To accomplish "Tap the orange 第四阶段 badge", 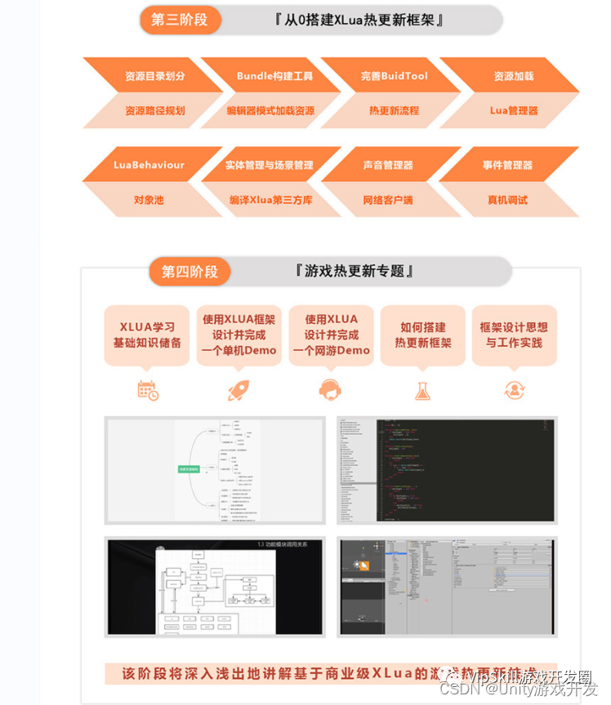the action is tap(190, 272).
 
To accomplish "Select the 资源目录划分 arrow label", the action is tap(155, 76).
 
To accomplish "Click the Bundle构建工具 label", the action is tap(274, 76).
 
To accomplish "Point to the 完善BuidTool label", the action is tap(395, 76).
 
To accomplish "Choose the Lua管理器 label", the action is tap(514, 111).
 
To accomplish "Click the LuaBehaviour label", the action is tap(149, 165).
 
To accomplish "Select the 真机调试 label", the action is tap(507, 199).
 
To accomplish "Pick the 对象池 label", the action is tap(149, 199).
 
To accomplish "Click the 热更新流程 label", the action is tap(395, 111).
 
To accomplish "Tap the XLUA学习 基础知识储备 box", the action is tap(147, 335).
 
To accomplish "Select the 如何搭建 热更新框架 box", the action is tap(423, 335).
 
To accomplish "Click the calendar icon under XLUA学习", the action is tap(148, 390).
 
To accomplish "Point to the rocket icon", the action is tap(239, 390).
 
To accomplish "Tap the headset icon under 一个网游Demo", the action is tap(330, 390).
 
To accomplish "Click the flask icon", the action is tap(422, 390).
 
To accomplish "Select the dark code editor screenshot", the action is tap(447, 470).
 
